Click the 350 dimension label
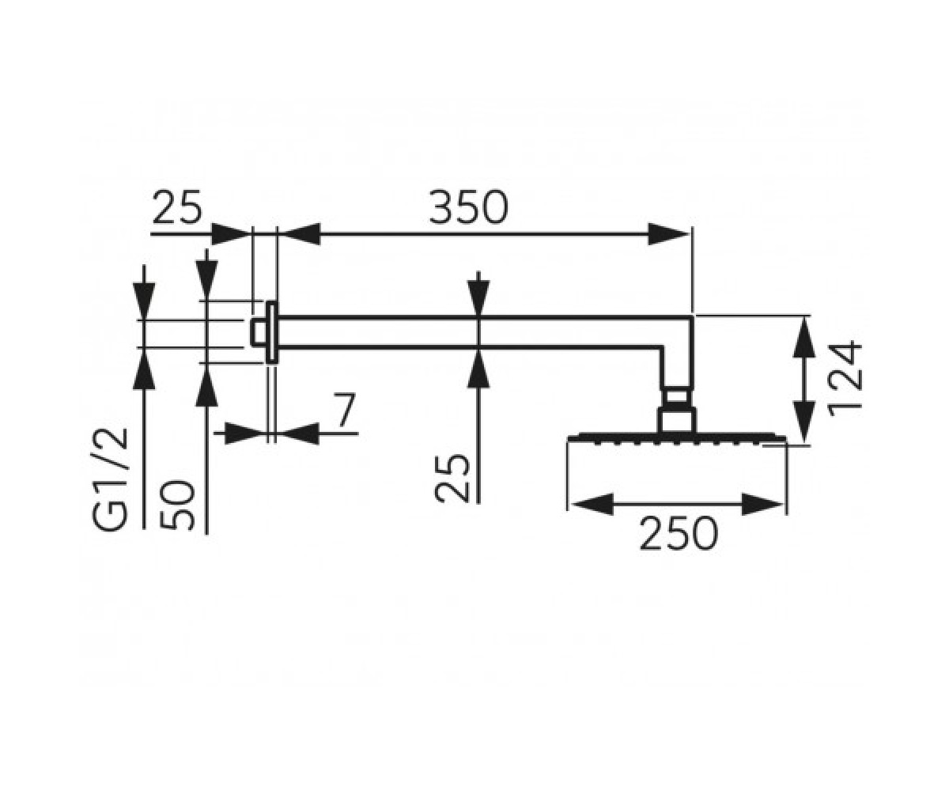click(x=468, y=206)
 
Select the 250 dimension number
click(x=679, y=533)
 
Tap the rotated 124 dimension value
click(x=845, y=379)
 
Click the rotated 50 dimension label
click(x=176, y=505)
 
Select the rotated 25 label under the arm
click(x=452, y=479)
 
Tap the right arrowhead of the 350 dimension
click(x=668, y=234)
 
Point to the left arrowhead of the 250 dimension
click(x=592, y=504)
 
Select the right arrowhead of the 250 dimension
click(x=762, y=504)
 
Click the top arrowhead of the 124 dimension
click(x=804, y=339)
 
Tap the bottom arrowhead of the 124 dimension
click(x=804, y=421)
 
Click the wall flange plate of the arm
click(x=271, y=332)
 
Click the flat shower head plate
click(x=677, y=437)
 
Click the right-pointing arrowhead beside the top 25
click(x=233, y=234)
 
